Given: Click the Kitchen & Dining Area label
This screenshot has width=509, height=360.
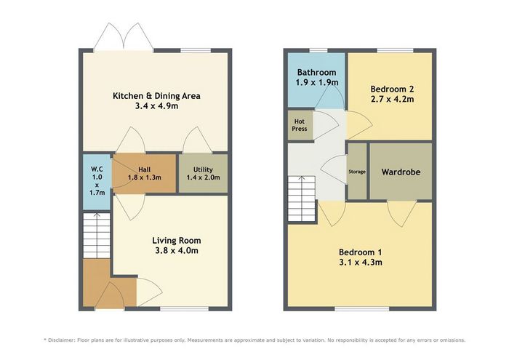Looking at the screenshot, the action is [x=156, y=96].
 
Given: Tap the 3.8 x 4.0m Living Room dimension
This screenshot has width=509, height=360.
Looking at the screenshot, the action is [x=177, y=251].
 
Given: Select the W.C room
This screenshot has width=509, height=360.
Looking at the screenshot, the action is [x=97, y=182].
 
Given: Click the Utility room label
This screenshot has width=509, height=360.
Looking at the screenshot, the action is [x=203, y=169].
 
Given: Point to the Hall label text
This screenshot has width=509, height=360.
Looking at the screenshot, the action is [x=145, y=169].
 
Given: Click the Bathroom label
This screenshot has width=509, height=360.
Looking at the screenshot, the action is [x=317, y=72].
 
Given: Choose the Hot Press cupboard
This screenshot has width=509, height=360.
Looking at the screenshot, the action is [x=300, y=125].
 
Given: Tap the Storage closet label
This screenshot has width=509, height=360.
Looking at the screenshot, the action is [x=357, y=172].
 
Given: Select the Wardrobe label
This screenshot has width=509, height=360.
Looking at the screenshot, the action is [x=401, y=172].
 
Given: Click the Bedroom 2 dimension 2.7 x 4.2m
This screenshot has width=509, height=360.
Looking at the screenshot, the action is [x=392, y=99].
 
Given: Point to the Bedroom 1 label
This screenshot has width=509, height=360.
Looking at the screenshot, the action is [x=361, y=252].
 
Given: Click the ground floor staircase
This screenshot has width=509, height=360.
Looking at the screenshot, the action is [x=97, y=236].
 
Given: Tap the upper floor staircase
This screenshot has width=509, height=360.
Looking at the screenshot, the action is [x=302, y=199].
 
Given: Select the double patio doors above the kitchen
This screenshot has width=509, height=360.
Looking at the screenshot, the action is [x=124, y=37].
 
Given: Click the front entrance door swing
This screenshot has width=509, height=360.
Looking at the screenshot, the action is [x=109, y=295].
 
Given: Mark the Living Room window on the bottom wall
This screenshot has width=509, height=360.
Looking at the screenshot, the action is [x=185, y=308].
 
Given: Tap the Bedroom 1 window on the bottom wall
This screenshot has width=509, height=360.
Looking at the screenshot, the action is [x=362, y=308].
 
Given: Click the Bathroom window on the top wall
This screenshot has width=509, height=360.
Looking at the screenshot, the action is [x=318, y=50].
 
